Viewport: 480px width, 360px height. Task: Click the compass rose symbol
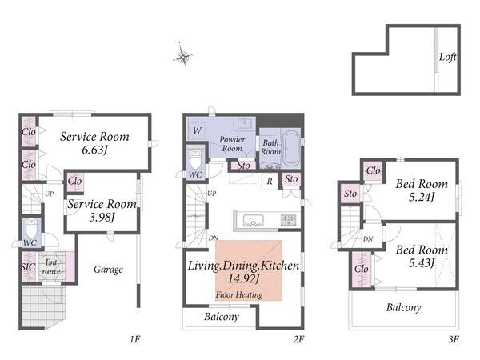click(x=182, y=55)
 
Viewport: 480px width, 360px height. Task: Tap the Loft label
click(x=447, y=57)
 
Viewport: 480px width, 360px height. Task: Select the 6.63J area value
click(x=95, y=150)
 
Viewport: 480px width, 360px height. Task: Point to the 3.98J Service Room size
click(x=102, y=218)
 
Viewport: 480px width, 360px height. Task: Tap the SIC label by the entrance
click(x=28, y=266)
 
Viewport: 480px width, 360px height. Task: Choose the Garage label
click(x=108, y=270)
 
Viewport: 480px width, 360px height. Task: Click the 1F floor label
click(x=134, y=339)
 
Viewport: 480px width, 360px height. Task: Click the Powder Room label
click(x=232, y=144)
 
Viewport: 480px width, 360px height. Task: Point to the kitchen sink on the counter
click(x=253, y=221)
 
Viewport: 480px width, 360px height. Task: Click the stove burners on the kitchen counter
click(x=289, y=220)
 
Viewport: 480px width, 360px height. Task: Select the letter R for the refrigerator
click(x=270, y=182)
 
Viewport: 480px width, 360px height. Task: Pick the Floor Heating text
click(x=239, y=294)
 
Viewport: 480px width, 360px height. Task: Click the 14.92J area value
click(x=244, y=278)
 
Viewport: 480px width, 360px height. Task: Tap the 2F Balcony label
click(x=222, y=317)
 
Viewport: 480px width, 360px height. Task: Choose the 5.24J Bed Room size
click(x=422, y=197)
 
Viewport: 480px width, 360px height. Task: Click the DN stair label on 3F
click(x=368, y=238)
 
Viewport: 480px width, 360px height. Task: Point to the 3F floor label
click(x=454, y=339)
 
